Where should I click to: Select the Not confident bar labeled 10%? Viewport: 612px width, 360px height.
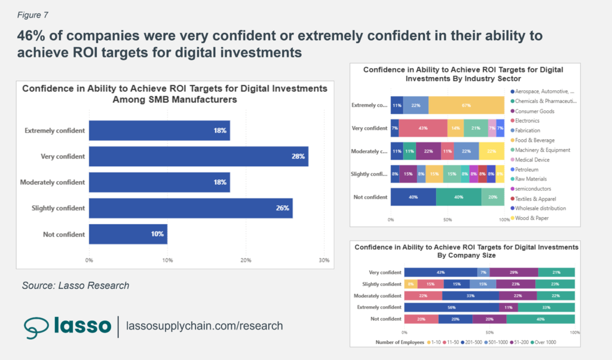pyautogui.click(x=128, y=234)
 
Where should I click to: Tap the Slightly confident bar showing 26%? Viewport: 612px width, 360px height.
pyautogui.click(x=191, y=208)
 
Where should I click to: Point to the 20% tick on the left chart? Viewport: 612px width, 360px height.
pyautogui.click(x=246, y=260)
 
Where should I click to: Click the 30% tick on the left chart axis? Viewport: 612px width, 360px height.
pyautogui.click(x=323, y=260)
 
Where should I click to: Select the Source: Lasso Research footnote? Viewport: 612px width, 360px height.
pyautogui.click(x=75, y=285)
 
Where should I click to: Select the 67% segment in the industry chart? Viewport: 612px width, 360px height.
pyautogui.click(x=466, y=105)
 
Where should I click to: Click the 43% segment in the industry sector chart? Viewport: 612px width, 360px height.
pyautogui.click(x=423, y=128)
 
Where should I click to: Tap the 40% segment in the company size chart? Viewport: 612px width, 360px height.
pyautogui.click(x=540, y=319)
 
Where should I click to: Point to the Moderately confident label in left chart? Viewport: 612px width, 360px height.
pyautogui.click(x=52, y=182)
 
